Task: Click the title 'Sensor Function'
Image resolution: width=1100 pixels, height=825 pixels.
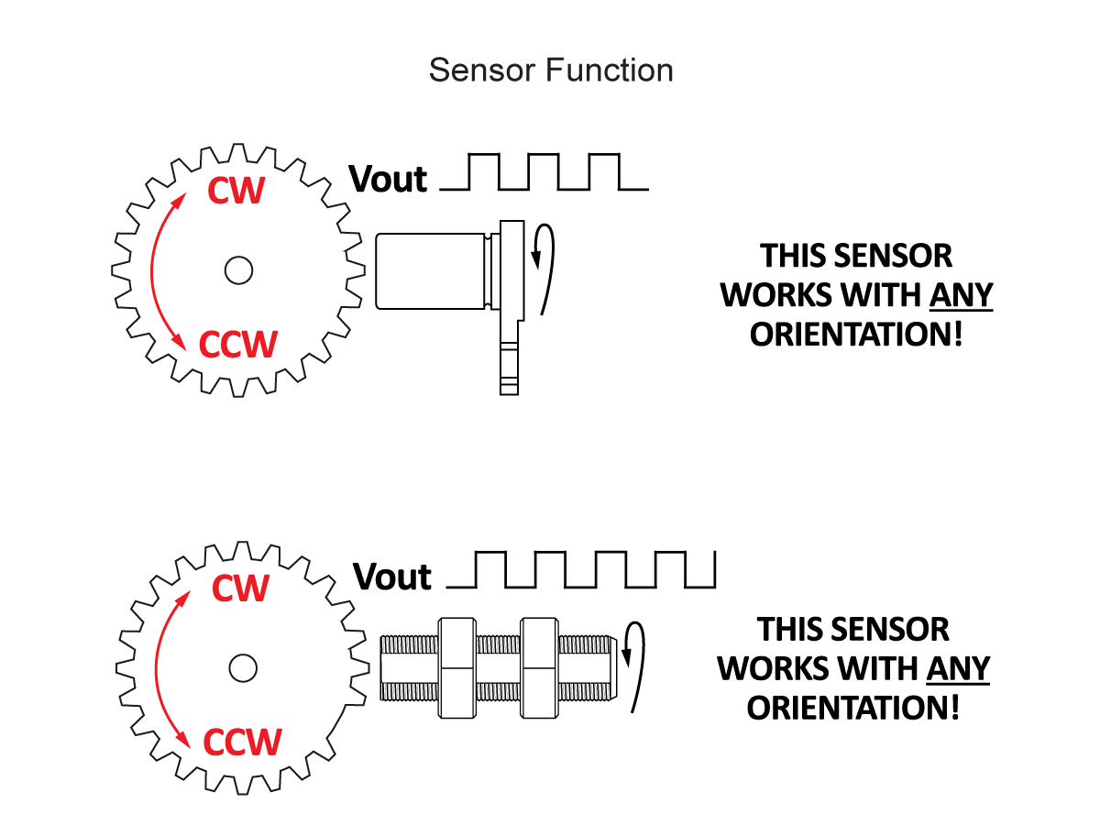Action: [x=551, y=71]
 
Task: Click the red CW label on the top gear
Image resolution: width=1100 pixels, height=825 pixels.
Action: [x=236, y=191]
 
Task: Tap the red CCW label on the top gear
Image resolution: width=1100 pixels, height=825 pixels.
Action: [x=237, y=345]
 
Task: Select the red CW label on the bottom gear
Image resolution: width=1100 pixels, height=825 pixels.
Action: [x=240, y=588]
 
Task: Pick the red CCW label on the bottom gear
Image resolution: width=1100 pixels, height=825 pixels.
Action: [x=242, y=742]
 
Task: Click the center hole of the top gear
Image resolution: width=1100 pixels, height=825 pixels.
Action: [x=238, y=269]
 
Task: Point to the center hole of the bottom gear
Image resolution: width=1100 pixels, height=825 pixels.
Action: [x=243, y=667]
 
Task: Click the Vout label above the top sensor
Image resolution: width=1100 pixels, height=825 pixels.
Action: [x=388, y=180]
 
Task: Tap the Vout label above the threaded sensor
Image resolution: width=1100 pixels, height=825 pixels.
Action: [x=392, y=577]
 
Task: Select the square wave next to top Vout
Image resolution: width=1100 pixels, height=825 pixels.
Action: [x=544, y=172]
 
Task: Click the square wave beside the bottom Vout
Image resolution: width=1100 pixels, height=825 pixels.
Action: [x=581, y=569]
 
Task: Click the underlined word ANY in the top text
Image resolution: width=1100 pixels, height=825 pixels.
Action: [x=961, y=295]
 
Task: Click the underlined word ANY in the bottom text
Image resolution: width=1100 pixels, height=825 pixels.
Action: [x=958, y=668]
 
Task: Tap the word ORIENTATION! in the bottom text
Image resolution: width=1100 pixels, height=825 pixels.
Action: [x=853, y=708]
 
